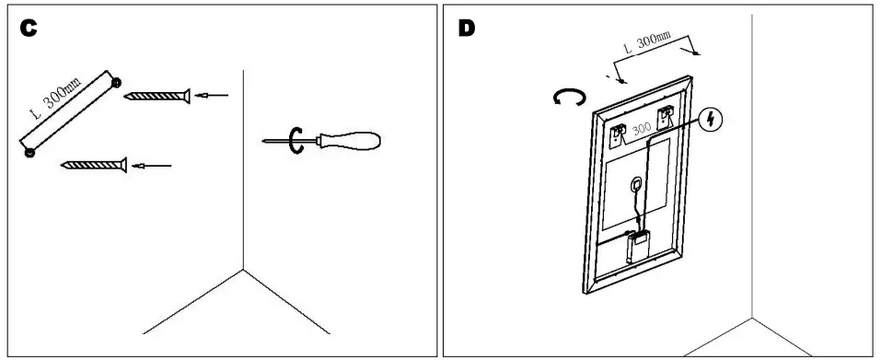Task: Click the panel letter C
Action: coord(29,29)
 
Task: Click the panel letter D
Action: coord(467,28)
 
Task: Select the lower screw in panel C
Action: coord(92,166)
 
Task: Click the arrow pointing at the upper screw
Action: coord(214,94)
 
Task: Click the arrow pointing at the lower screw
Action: coord(152,166)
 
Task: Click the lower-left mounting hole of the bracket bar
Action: coord(29,153)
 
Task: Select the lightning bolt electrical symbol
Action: coord(711,120)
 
